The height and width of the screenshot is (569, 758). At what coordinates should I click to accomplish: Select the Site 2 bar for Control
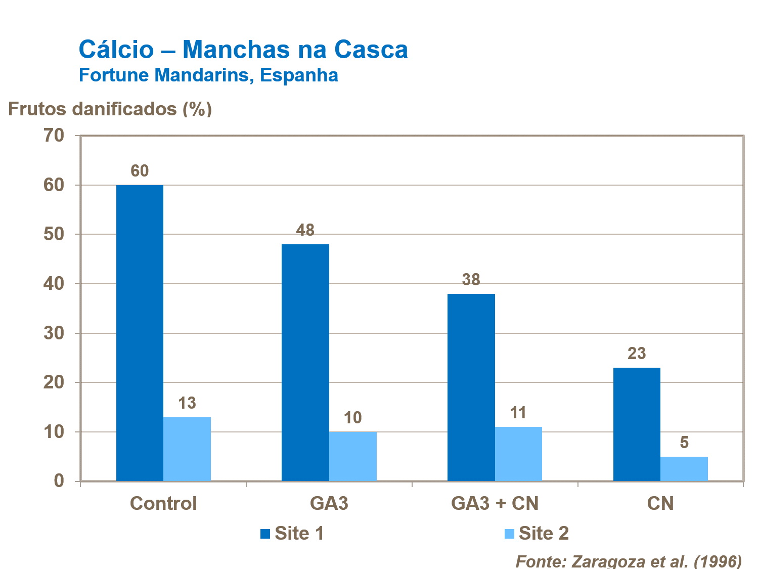[187, 449]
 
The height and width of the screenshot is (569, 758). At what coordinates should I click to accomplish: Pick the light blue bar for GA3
[353, 456]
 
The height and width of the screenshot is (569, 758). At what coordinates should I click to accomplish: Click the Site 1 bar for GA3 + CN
[471, 387]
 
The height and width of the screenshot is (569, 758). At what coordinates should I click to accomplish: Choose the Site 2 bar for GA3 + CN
[518, 454]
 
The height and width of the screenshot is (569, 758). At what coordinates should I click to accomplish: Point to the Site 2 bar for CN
[684, 468]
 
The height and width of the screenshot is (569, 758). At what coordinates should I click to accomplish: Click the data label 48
[305, 231]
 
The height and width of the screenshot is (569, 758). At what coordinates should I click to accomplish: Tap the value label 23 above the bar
[637, 354]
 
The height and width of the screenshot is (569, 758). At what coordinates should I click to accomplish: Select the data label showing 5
[684, 443]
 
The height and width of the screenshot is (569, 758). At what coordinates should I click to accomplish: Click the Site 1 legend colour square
[265, 534]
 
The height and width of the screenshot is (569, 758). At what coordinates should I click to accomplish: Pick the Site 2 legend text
[544, 534]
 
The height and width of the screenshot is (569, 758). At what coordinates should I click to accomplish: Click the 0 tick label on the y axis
[59, 481]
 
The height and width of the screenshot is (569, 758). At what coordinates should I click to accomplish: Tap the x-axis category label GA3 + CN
[495, 504]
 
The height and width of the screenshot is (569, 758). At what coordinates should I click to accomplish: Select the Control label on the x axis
[163, 504]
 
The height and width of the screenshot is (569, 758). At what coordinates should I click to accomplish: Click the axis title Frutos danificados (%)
[110, 109]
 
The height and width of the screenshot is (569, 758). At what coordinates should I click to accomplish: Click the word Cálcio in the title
[116, 50]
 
